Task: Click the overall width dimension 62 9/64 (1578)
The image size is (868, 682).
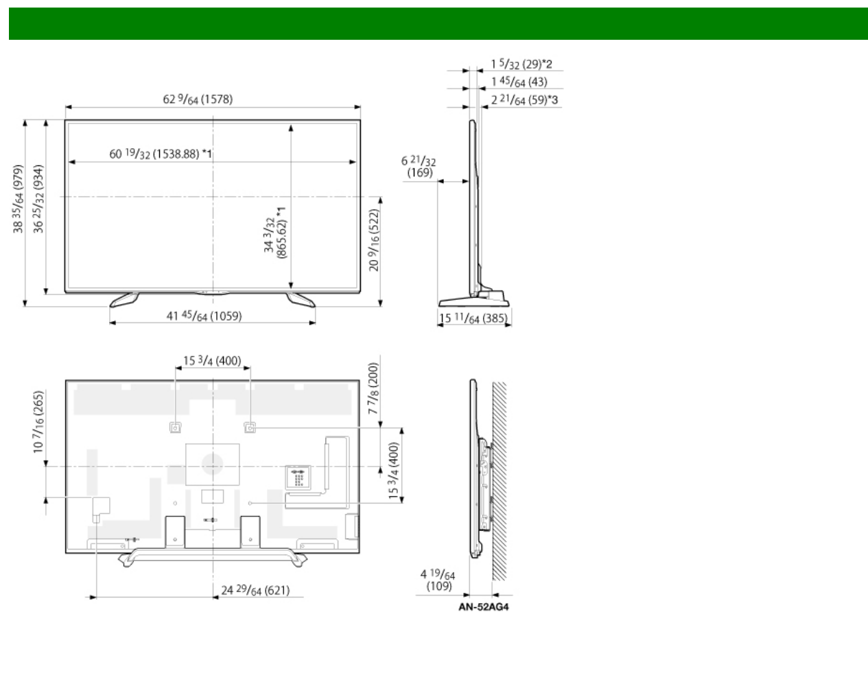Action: pos(198,99)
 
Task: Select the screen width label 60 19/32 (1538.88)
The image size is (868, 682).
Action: pos(161,154)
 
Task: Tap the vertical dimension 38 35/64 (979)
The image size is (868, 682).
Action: pos(19,199)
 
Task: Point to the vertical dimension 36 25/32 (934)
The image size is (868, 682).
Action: pos(38,199)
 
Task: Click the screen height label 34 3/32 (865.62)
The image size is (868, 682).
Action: pos(275,233)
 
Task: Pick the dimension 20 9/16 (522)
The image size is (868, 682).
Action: pos(374,240)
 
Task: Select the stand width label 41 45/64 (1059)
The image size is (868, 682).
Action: pos(204,316)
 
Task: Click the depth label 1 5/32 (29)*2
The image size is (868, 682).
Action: pos(521,64)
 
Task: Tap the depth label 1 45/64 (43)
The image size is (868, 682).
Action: pos(519,82)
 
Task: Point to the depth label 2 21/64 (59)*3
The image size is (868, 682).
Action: pos(524,99)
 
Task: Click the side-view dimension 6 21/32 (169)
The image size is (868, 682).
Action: pos(419,167)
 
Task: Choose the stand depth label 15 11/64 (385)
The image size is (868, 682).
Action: pos(473,318)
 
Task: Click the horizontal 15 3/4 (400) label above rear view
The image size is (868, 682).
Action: pos(212,361)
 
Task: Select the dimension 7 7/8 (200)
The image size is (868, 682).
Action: pos(373,388)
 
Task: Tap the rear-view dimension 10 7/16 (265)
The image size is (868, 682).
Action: pos(38,422)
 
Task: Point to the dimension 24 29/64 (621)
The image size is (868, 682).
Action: pos(256,590)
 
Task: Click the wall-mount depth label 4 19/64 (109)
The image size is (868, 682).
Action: pos(438,580)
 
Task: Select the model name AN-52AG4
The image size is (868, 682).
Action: pos(484,607)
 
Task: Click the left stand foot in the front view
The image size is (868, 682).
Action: pos(124,299)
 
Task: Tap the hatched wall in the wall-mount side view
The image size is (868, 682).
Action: pos(500,481)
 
